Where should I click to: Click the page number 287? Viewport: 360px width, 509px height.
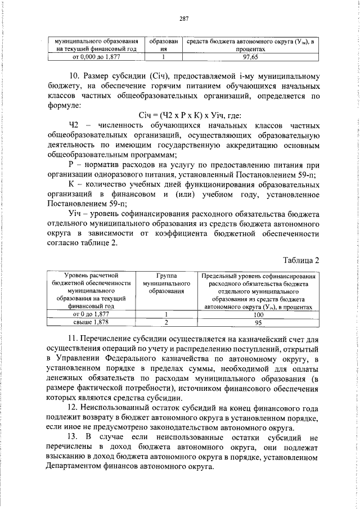click(x=183, y=19)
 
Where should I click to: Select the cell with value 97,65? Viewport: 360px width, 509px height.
click(x=250, y=57)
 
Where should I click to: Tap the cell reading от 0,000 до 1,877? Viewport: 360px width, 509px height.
click(x=94, y=57)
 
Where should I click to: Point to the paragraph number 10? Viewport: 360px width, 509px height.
click(x=73, y=76)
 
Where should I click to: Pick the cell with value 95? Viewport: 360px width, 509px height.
click(x=258, y=323)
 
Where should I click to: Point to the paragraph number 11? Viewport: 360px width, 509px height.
click(x=72, y=339)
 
